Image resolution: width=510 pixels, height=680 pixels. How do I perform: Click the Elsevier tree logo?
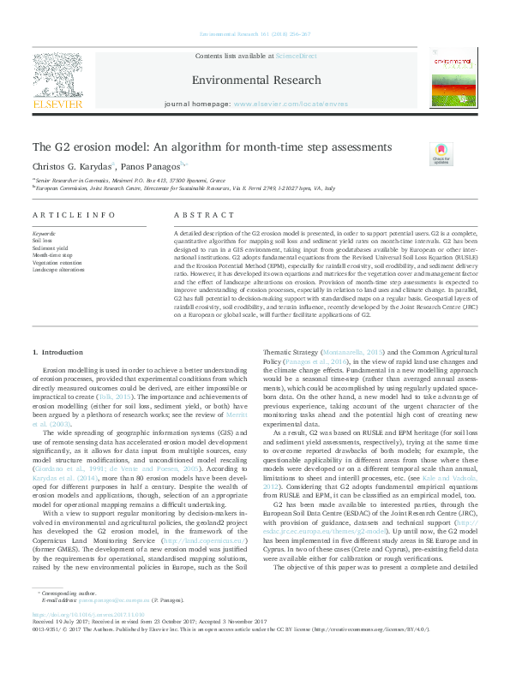58,77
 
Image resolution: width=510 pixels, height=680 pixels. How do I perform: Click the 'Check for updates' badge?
441,155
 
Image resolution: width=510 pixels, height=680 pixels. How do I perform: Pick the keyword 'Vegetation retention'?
54,262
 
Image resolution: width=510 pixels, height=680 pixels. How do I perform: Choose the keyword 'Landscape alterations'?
55,269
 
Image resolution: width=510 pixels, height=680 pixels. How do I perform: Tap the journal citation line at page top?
255,33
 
